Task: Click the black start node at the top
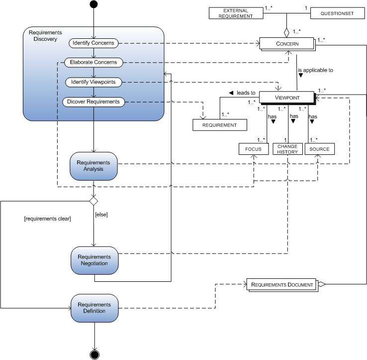click(x=93, y=5)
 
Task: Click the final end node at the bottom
click(x=93, y=355)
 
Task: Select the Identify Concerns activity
click(x=93, y=43)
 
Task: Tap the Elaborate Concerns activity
click(x=94, y=62)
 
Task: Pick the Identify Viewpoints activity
click(x=94, y=82)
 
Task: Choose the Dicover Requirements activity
click(x=93, y=102)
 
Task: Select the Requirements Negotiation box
click(x=93, y=260)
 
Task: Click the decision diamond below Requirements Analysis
click(x=93, y=201)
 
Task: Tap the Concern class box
click(x=285, y=44)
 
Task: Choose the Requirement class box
click(x=220, y=125)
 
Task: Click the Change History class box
click(x=287, y=149)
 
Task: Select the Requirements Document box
click(x=282, y=285)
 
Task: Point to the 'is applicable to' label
click(x=315, y=70)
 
